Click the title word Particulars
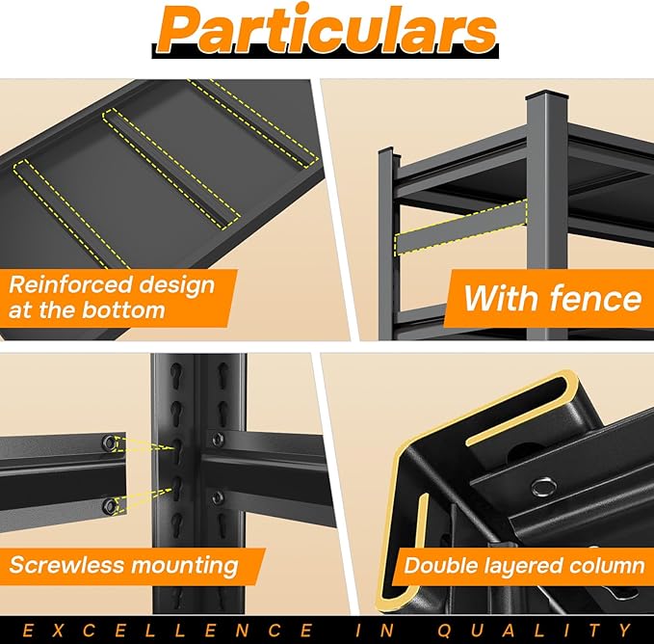pyautogui.click(x=327, y=31)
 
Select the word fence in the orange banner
pyautogui.click(x=595, y=298)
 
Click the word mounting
pyautogui.click(x=185, y=566)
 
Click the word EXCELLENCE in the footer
pyautogui.click(x=168, y=630)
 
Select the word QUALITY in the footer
pyautogui.click(x=535, y=630)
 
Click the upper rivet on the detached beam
pyautogui.click(x=110, y=443)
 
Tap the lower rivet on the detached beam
pyautogui.click(x=110, y=506)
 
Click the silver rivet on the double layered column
pyautogui.click(x=544, y=487)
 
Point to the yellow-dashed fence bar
pyautogui.click(x=461, y=228)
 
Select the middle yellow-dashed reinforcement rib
pyautogui.click(x=171, y=168)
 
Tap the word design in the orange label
pyautogui.click(x=176, y=286)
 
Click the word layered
pyautogui.click(x=523, y=566)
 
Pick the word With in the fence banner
pyautogui.click(x=502, y=298)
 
